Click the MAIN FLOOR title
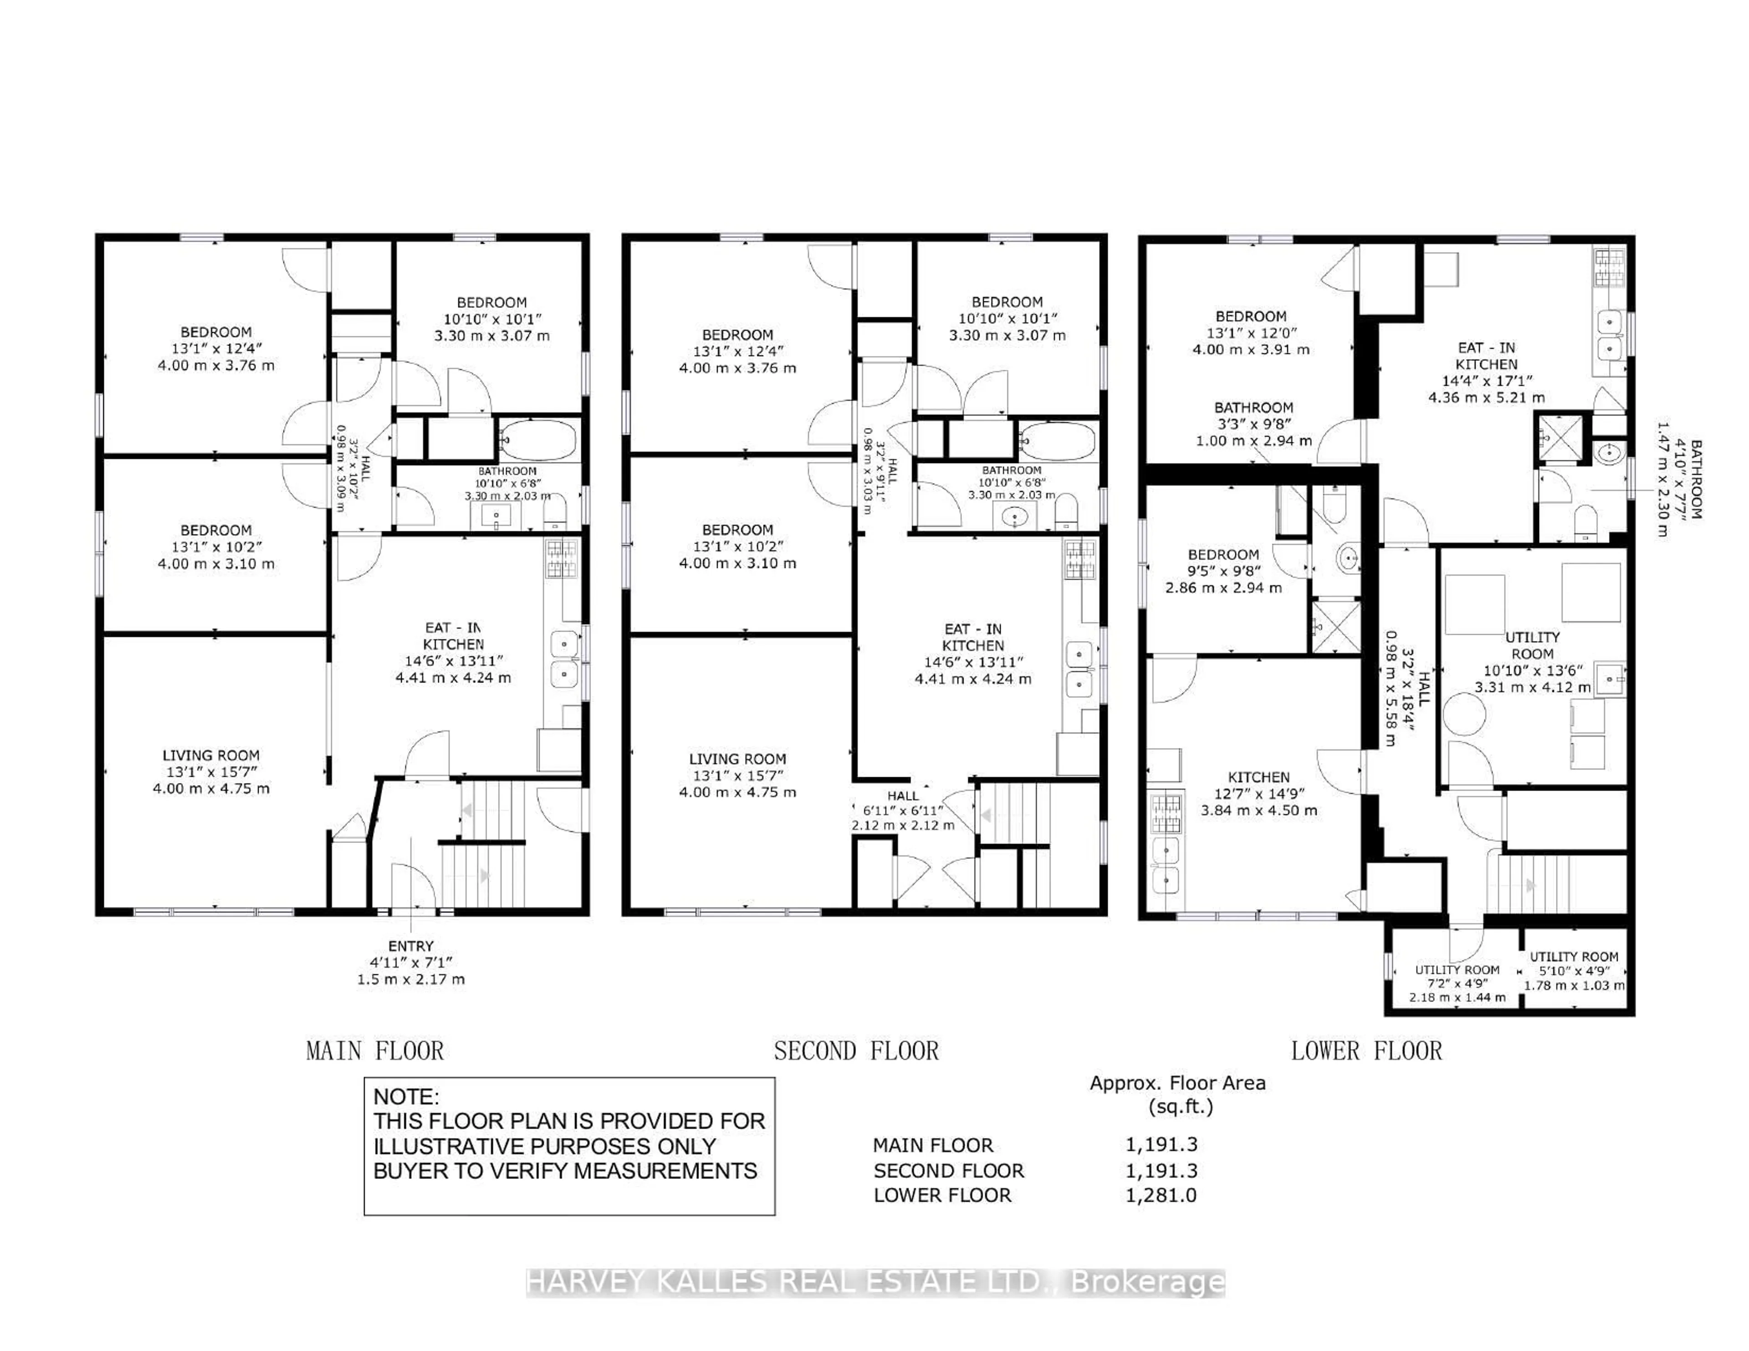point(375,1050)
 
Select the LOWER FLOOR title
point(1366,1050)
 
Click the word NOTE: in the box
point(406,1096)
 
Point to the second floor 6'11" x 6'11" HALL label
point(903,810)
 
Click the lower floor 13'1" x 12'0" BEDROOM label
point(1251,332)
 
